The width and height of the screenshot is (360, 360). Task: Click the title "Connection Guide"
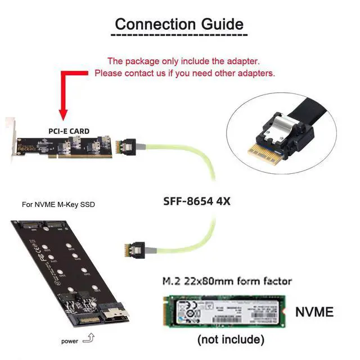pos(179,24)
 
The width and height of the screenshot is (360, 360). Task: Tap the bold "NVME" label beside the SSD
pos(314,312)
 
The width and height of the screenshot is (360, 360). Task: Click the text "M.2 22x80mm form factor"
pos(227,280)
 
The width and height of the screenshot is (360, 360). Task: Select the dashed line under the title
pos(179,35)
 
